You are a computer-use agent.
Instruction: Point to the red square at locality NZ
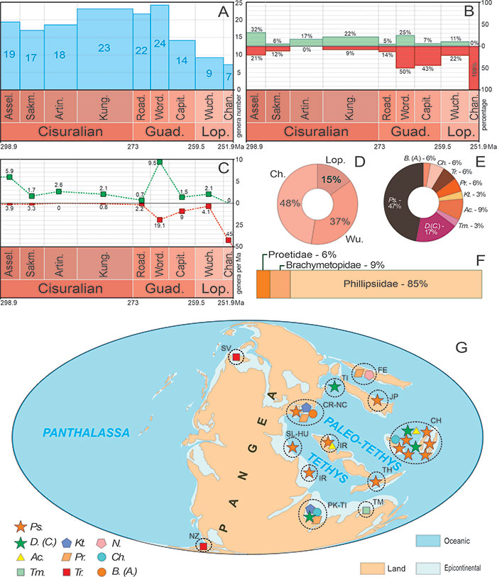204,545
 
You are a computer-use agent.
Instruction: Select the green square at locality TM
366,510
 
